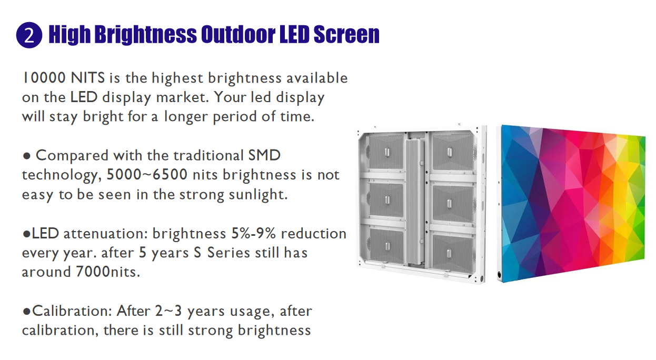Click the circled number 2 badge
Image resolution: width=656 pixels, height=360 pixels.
(x=29, y=35)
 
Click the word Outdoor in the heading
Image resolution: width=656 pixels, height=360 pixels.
(x=238, y=35)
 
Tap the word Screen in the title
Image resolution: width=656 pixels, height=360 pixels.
(x=346, y=35)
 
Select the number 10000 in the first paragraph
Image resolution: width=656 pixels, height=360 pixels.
(x=44, y=78)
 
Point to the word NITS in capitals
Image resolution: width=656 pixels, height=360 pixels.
(x=88, y=78)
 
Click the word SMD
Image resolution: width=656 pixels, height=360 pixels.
(x=264, y=155)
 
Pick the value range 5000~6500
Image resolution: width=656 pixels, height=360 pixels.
(x=147, y=175)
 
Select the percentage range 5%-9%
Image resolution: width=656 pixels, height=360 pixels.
(x=254, y=234)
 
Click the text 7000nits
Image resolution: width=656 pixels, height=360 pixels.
(x=108, y=272)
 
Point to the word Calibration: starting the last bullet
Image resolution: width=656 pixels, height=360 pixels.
(x=72, y=311)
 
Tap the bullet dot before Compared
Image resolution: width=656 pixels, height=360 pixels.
(x=27, y=156)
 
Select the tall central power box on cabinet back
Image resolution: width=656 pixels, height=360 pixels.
(x=415, y=203)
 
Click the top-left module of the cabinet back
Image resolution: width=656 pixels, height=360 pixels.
(x=386, y=152)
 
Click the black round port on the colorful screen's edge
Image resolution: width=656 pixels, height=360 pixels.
(x=499, y=275)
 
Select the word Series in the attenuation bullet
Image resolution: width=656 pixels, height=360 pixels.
(x=228, y=253)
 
